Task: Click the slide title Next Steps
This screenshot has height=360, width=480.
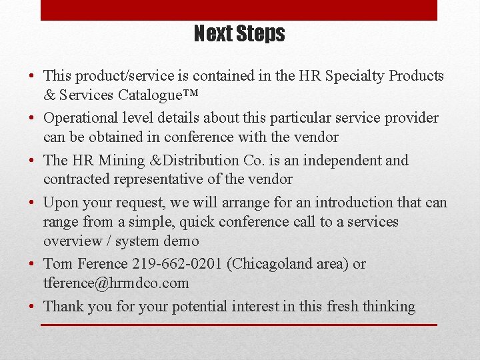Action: tap(239, 34)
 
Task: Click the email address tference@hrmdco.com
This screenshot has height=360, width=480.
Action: tap(116, 283)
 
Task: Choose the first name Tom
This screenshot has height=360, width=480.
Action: tap(58, 264)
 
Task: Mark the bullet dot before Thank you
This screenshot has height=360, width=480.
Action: tap(33, 307)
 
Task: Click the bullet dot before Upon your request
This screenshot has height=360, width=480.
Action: tap(33, 202)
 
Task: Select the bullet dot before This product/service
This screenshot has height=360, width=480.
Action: tap(33, 76)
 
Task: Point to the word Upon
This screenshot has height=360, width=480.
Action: tap(61, 203)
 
